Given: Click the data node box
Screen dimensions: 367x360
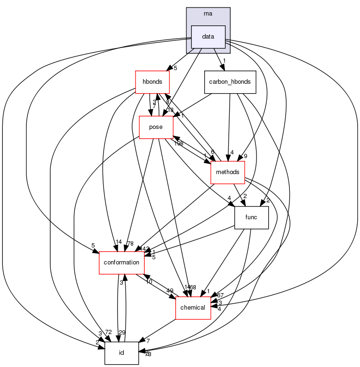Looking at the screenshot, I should (x=208, y=37).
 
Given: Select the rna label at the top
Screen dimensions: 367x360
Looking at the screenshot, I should (x=208, y=13).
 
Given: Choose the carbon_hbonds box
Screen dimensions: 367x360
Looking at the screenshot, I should (x=230, y=81).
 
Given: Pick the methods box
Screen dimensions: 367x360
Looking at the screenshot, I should (x=228, y=173).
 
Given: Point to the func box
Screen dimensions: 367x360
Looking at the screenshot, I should (x=251, y=218).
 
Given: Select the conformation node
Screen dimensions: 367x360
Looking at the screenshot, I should (x=121, y=262).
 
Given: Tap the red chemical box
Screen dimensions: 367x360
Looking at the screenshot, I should (x=192, y=308).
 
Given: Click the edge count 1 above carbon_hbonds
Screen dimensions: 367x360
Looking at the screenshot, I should (x=224, y=61).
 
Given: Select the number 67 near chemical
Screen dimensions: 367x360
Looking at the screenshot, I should (x=220, y=295).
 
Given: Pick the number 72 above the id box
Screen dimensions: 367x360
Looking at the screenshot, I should (x=108, y=333).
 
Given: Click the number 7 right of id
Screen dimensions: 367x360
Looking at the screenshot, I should (x=147, y=340).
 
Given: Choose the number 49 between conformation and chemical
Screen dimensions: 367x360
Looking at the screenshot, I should (x=169, y=290).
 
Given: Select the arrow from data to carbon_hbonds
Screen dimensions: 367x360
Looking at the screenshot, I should (x=217, y=59).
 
